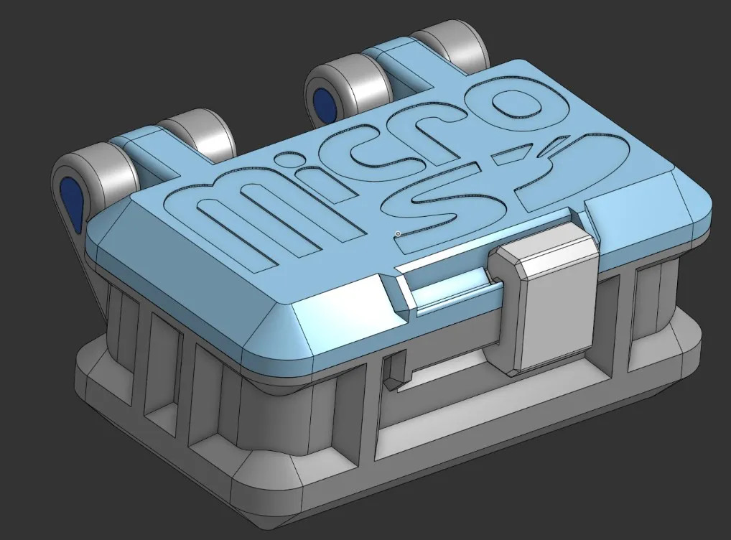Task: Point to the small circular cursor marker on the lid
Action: tap(398, 233)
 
